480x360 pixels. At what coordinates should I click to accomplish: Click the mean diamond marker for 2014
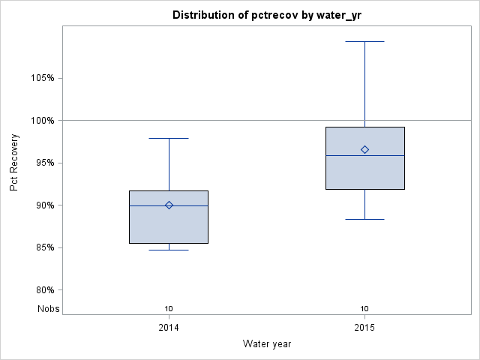[169, 205]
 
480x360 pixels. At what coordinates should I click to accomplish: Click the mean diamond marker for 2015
[365, 149]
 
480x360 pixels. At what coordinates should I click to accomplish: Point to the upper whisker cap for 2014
[169, 138]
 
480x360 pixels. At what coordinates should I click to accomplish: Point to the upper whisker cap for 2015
[365, 41]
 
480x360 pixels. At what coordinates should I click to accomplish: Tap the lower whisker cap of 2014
[169, 250]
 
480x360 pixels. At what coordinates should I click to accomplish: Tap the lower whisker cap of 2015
[365, 219]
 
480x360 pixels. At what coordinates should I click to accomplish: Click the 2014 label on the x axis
[169, 328]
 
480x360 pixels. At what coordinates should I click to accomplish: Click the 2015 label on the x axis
[365, 328]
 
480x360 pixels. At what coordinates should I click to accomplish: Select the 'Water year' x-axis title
[267, 344]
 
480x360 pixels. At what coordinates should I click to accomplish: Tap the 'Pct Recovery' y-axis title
[15, 163]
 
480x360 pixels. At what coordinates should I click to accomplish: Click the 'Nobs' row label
[49, 308]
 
